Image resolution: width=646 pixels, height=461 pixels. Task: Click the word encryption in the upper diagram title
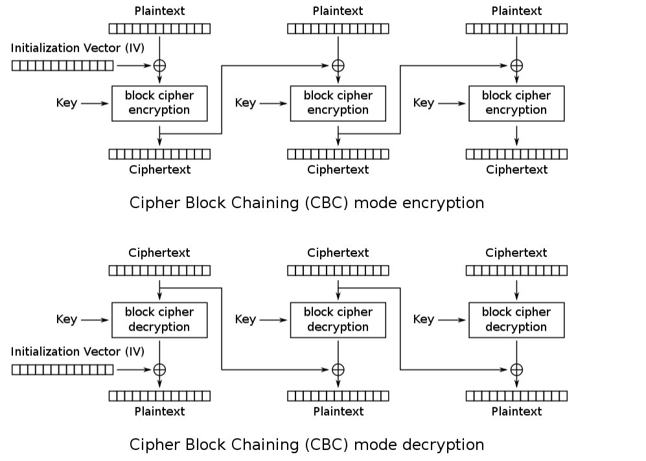coord(443,203)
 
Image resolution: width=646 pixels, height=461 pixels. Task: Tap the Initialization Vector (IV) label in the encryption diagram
coord(78,48)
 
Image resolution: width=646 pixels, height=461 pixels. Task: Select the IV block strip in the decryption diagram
coord(63,370)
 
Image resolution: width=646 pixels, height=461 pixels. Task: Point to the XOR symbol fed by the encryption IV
coord(159,65)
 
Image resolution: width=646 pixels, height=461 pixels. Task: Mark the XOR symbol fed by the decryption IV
coord(159,370)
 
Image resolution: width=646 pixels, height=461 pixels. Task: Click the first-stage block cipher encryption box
coord(159,103)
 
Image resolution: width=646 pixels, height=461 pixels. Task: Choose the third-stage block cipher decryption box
coord(516,320)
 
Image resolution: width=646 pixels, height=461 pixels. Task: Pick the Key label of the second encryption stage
coord(246,103)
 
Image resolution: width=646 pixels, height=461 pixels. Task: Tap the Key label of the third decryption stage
coord(424,320)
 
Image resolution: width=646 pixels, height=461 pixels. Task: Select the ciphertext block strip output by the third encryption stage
coord(516,154)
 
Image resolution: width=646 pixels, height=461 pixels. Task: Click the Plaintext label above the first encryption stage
coord(159,11)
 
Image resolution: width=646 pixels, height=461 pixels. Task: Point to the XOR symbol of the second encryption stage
coord(338,65)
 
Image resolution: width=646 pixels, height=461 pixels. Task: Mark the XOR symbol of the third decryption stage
coord(516,370)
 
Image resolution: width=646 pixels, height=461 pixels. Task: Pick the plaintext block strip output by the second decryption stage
coord(338,396)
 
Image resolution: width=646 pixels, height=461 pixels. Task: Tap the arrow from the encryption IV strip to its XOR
coord(133,65)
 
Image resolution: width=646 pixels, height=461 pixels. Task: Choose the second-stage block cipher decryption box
coord(338,320)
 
